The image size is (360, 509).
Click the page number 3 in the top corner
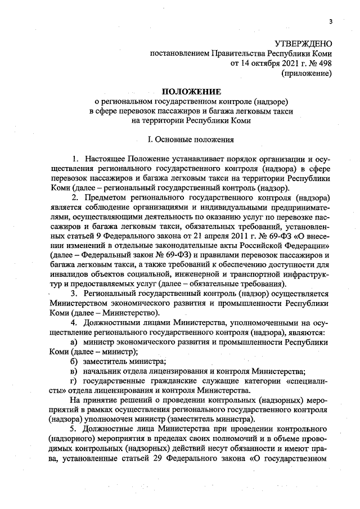click(x=331, y=21)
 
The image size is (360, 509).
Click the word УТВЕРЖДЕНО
click(x=303, y=43)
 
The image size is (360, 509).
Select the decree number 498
click(x=325, y=63)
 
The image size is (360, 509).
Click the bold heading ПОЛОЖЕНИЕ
click(x=192, y=92)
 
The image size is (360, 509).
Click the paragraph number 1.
click(x=75, y=163)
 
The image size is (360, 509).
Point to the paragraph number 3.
click(x=74, y=294)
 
